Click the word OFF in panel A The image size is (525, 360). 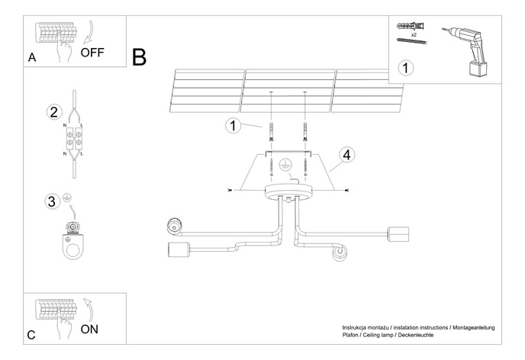(92, 53)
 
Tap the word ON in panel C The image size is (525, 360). (89, 329)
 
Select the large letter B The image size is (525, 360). (139, 56)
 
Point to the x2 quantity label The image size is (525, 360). (413, 35)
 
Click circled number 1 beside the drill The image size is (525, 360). (407, 68)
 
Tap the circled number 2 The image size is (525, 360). (53, 112)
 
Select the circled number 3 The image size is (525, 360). (52, 201)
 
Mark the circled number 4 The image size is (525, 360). (346, 155)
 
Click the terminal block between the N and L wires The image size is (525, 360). (74, 140)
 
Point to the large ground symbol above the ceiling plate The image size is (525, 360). (284, 165)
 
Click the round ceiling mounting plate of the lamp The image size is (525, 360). (285, 191)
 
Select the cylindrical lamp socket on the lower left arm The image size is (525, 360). (176, 250)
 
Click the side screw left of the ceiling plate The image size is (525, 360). (230, 188)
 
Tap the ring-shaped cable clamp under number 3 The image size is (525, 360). (73, 249)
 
